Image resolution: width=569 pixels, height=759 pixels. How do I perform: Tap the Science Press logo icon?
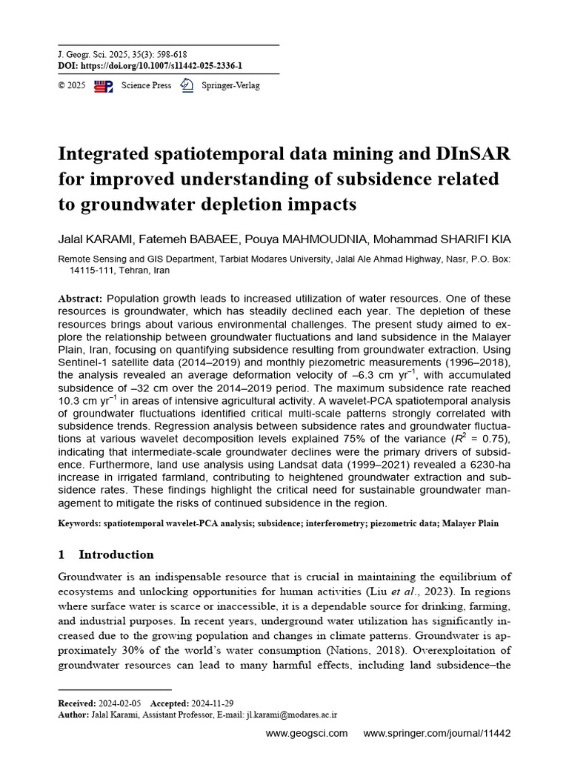click(104, 86)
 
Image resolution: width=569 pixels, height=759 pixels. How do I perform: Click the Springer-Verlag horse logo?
click(187, 86)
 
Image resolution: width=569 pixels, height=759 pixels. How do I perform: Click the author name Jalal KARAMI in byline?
click(95, 239)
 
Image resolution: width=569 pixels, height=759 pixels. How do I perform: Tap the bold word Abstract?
click(81, 298)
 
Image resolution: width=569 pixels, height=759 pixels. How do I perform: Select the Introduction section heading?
click(116, 554)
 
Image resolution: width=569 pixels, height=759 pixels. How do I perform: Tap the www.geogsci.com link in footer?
click(306, 734)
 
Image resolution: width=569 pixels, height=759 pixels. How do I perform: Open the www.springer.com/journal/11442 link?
click(436, 734)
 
